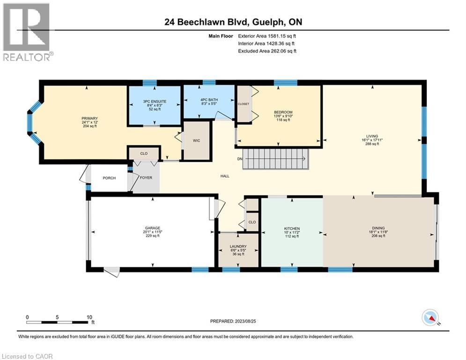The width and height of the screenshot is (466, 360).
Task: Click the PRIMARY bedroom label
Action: click(90, 119)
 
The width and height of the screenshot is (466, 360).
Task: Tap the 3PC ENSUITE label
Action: click(155, 101)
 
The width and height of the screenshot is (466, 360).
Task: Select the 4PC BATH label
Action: click(209, 100)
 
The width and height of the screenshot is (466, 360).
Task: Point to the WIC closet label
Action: click(196, 141)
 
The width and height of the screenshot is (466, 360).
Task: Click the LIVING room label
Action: click(372, 136)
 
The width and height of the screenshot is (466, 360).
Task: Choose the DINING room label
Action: click(378, 228)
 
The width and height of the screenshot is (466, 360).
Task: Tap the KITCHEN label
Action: click(292, 228)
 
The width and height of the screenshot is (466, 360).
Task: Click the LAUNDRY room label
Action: click(238, 247)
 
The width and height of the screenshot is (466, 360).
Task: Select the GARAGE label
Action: click(153, 228)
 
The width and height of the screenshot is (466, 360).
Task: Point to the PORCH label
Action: click(109, 178)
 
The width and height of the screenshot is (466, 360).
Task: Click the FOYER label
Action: click(146, 178)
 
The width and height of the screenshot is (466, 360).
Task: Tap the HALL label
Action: click(225, 176)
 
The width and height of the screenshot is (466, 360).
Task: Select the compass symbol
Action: click(430, 317)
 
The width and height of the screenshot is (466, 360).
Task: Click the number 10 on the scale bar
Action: click(89, 317)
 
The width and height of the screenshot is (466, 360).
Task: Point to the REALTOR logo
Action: click(28, 32)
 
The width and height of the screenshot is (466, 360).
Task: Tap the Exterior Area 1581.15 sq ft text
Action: click(267, 36)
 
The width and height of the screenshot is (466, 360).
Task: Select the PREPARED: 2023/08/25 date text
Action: click(233, 321)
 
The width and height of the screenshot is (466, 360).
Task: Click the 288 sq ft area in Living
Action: click(372, 144)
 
